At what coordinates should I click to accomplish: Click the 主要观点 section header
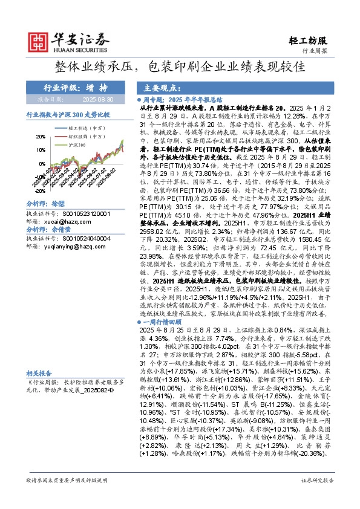[159, 87]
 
